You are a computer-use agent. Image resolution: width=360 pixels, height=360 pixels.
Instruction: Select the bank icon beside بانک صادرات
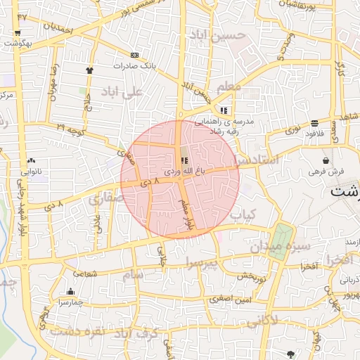point(134,55)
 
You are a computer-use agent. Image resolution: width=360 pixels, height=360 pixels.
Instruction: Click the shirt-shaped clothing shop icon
point(89,70)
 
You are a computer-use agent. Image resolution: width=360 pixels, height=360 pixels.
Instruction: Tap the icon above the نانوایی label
point(32,161)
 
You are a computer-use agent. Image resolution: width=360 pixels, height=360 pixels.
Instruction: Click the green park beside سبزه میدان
point(283,241)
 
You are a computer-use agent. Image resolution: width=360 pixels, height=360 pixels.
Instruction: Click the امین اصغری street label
point(229,300)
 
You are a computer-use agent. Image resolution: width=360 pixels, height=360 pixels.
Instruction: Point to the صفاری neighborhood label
point(105,199)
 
